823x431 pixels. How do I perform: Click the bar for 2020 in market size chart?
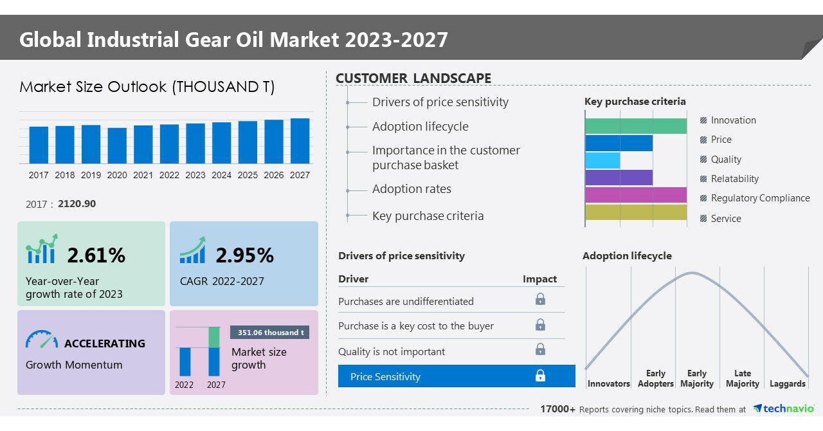(x=117, y=145)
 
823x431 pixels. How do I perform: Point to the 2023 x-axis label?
(x=195, y=175)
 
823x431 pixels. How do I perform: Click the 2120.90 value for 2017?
(x=77, y=204)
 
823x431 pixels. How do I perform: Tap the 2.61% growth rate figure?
(x=96, y=255)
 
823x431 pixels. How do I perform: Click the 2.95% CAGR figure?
(x=245, y=255)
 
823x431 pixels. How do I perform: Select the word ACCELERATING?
(x=105, y=344)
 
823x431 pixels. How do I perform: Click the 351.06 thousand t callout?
(x=270, y=333)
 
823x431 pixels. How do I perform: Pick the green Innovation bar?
(x=636, y=126)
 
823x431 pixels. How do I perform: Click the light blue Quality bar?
(x=603, y=160)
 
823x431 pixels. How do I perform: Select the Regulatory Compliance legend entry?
(x=760, y=198)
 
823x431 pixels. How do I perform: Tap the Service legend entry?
(x=726, y=219)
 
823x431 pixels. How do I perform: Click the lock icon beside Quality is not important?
(x=540, y=349)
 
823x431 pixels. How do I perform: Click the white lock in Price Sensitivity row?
(x=540, y=376)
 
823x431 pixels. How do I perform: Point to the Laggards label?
(x=787, y=384)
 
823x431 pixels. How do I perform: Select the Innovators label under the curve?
(x=608, y=384)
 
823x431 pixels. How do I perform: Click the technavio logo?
(x=784, y=408)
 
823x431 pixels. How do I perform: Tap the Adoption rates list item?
(x=411, y=189)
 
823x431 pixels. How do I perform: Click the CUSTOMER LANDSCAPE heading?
(x=413, y=78)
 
